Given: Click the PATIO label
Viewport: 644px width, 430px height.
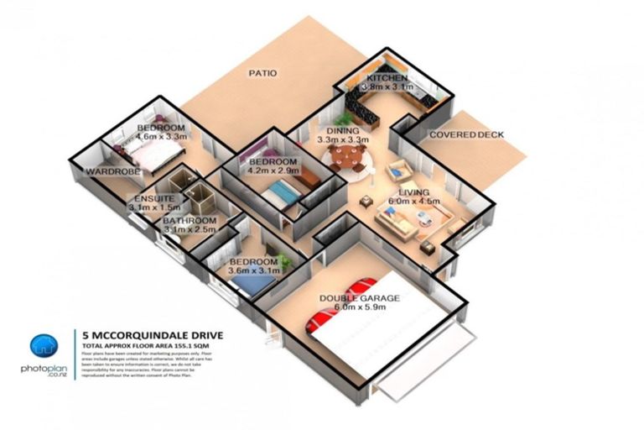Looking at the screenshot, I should [262, 73].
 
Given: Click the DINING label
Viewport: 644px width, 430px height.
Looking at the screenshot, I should [343, 131].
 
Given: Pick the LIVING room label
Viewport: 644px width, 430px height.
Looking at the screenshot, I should [413, 192].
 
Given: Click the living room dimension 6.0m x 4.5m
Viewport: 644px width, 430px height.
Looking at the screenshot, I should [413, 202].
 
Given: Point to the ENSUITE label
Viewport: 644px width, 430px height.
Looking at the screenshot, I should [150, 198].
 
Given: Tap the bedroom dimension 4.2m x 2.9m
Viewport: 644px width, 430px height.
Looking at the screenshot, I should [273, 170].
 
